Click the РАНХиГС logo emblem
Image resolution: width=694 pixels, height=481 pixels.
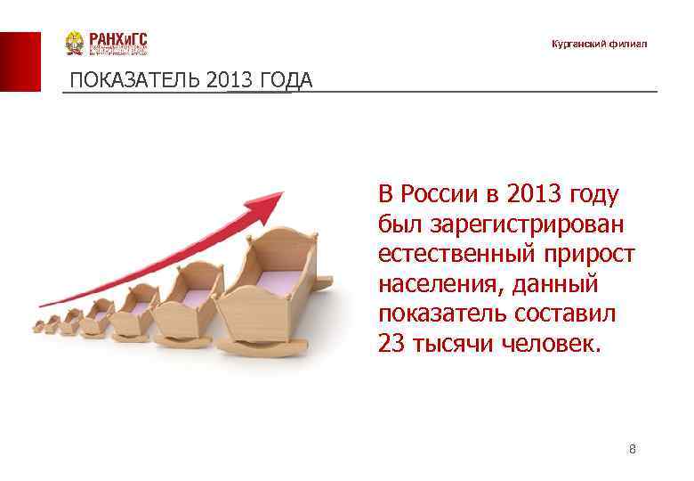pyautogui.click(x=75, y=44)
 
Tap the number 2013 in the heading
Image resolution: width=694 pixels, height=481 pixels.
pyautogui.click(x=227, y=81)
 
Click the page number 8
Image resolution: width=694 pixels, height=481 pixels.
pyautogui.click(x=632, y=449)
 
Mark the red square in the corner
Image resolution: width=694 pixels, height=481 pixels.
pyautogui.click(x=20, y=61)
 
